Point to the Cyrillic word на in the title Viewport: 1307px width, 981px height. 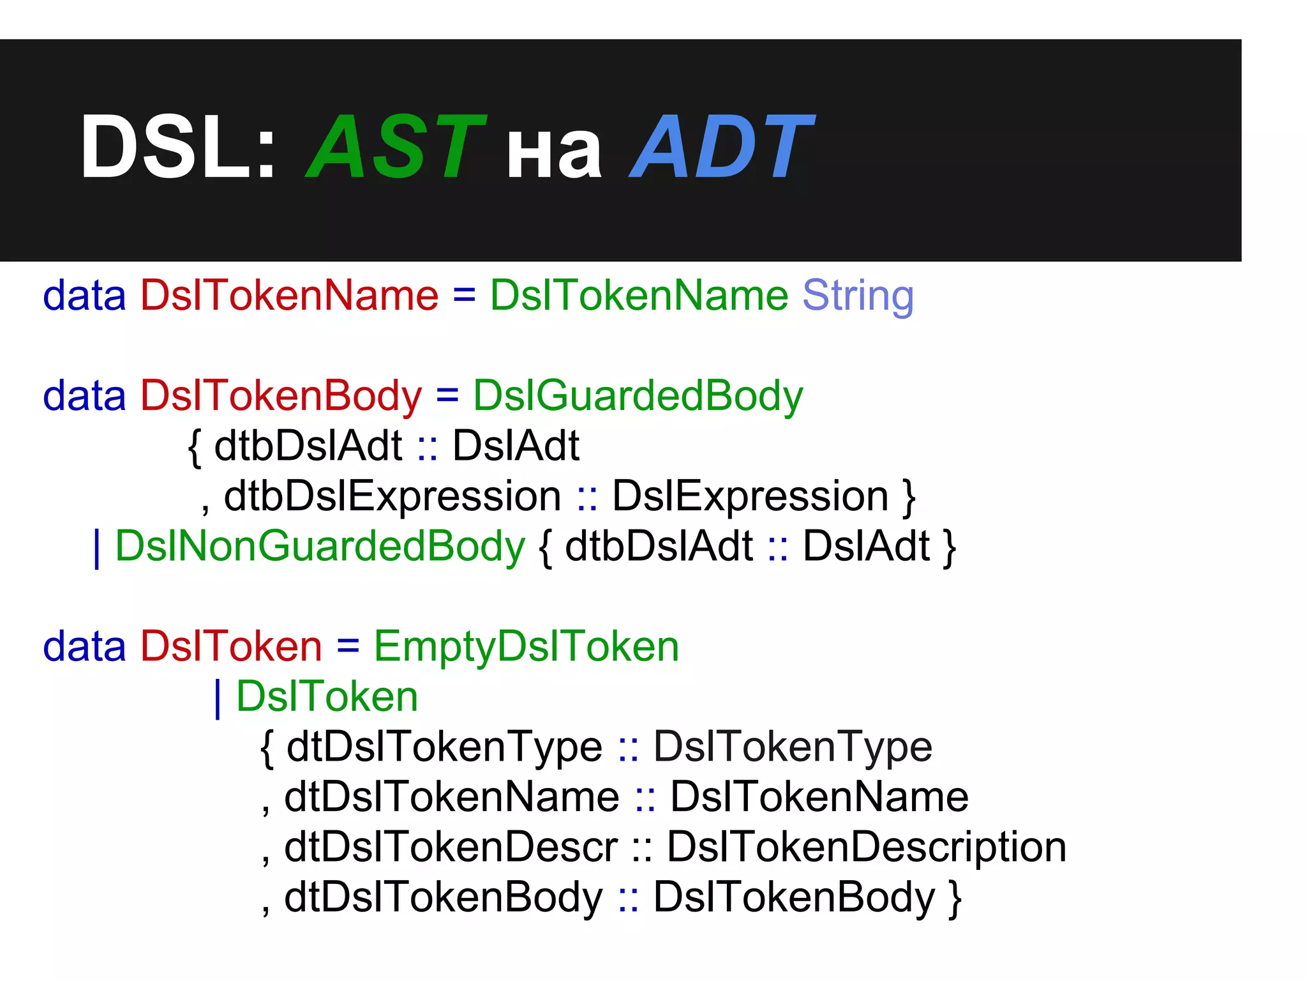point(554,153)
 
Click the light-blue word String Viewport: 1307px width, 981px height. point(858,296)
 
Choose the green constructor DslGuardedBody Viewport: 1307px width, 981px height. point(638,396)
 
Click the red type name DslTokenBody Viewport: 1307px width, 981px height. point(281,396)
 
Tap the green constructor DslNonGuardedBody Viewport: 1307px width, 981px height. point(320,547)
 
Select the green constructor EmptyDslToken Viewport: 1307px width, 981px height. point(527,647)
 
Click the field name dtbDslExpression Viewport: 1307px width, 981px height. point(392,496)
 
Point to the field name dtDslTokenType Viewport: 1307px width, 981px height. point(444,747)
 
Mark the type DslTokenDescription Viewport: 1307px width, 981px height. point(867,848)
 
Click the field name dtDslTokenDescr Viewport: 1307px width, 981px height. point(451,848)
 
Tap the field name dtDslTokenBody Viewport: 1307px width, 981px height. point(443,897)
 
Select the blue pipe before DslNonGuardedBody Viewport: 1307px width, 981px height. point(97,548)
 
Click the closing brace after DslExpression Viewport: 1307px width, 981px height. point(909,498)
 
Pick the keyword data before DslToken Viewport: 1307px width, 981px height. point(84,647)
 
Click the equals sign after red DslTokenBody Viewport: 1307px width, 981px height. point(447,396)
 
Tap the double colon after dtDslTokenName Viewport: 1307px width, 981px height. point(645,798)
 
